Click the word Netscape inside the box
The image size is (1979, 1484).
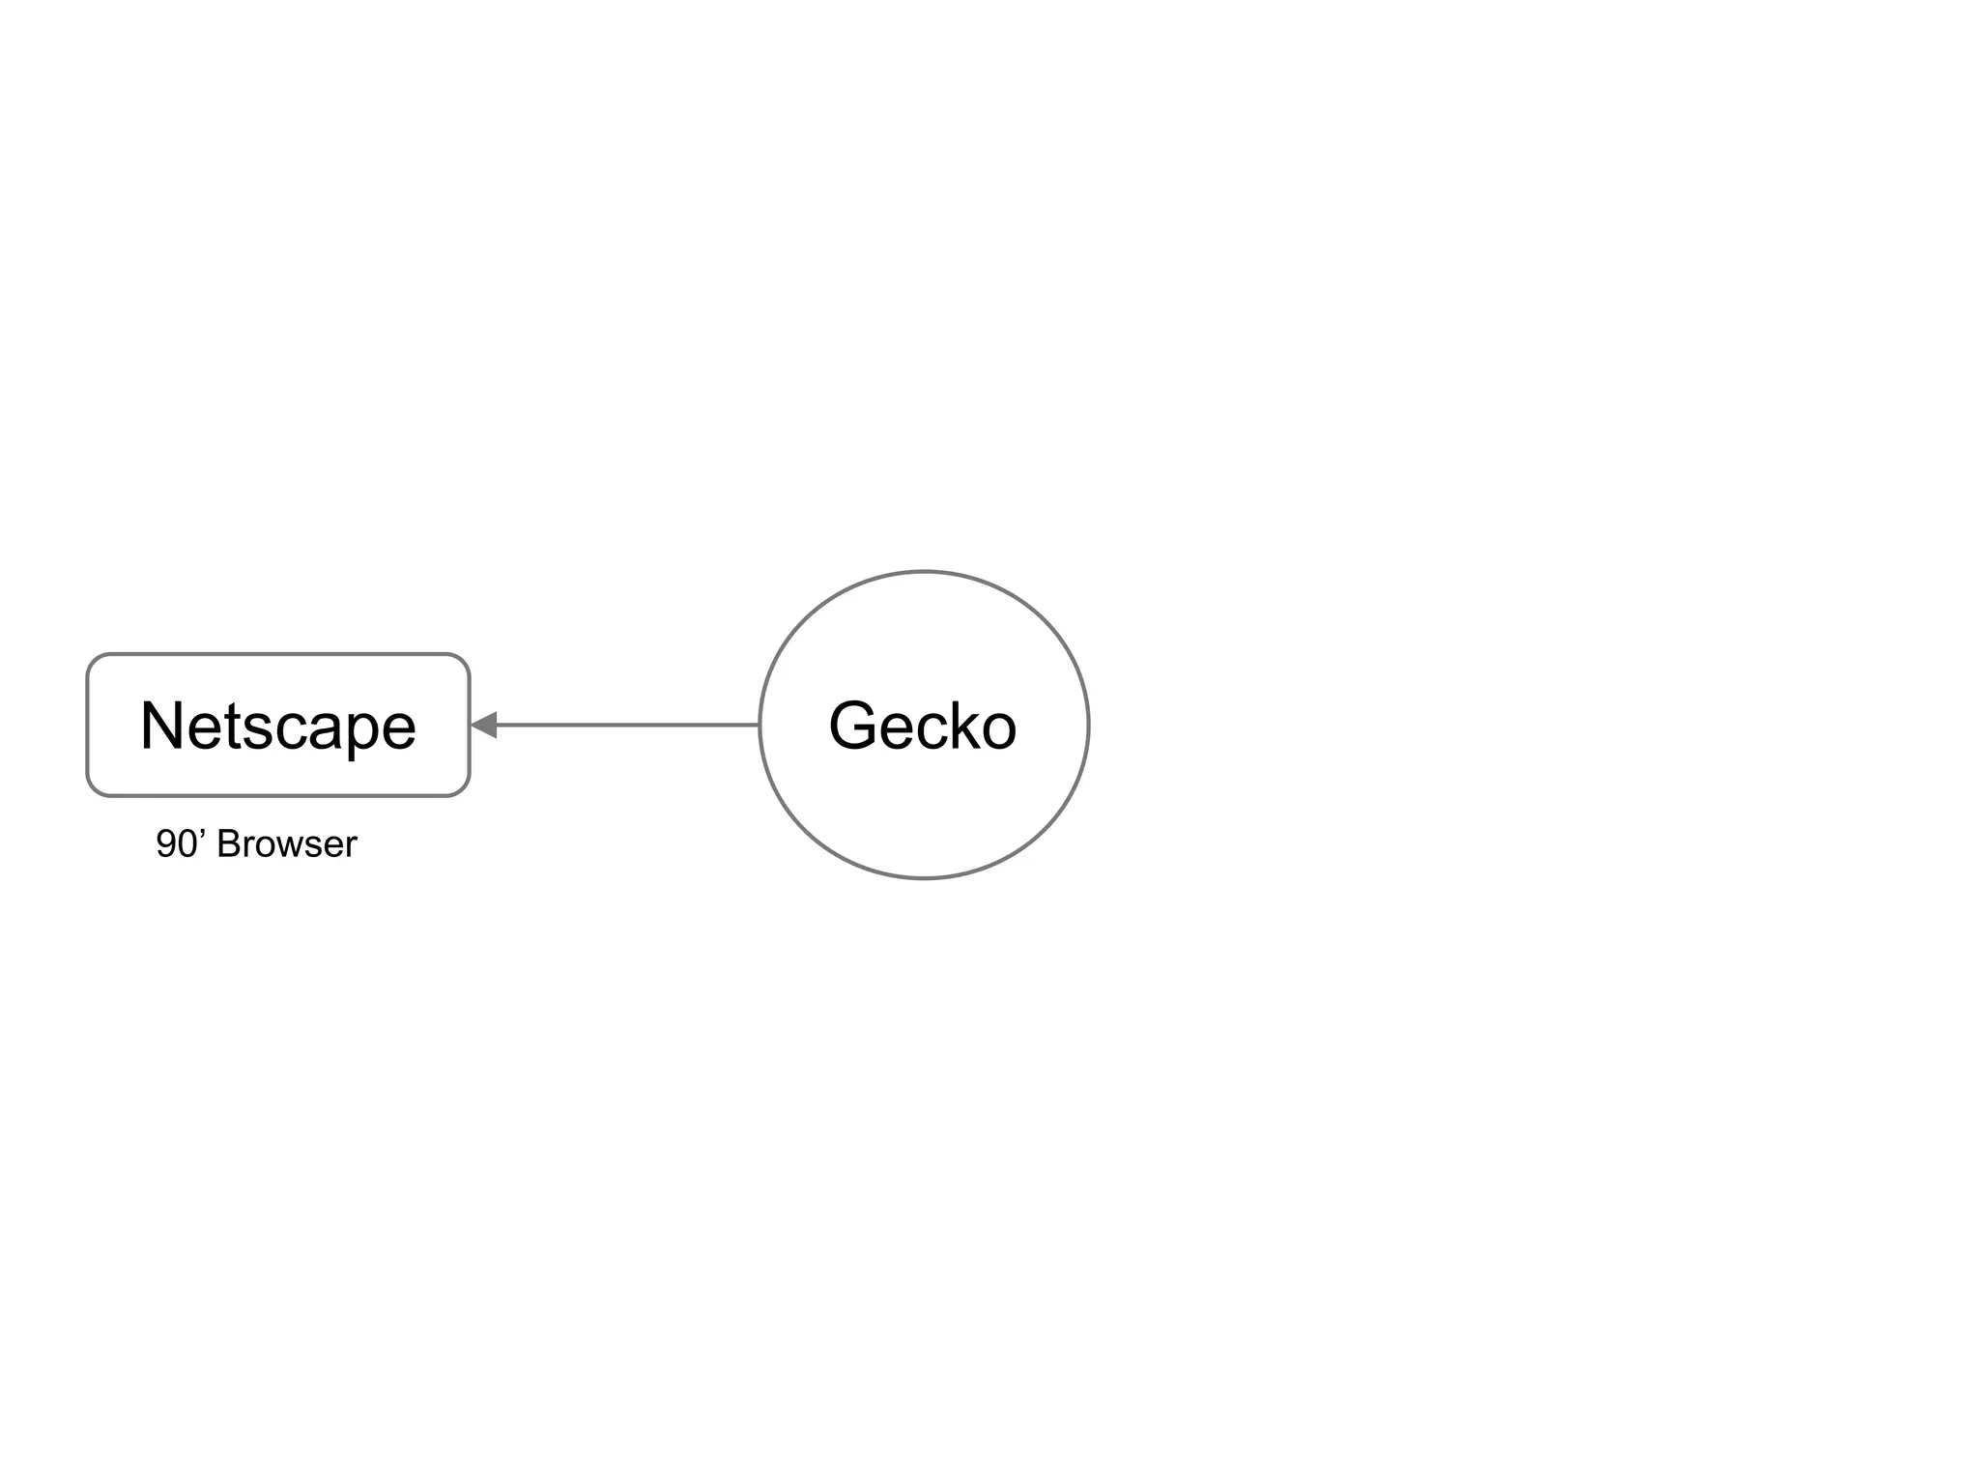pyautogui.click(x=278, y=726)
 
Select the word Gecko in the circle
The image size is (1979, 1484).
pyautogui.click(x=923, y=726)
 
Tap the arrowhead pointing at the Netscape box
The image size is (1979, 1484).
pyautogui.click(x=484, y=725)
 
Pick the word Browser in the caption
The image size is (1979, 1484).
pyautogui.click(x=287, y=844)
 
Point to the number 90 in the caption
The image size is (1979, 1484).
pyautogui.click(x=177, y=844)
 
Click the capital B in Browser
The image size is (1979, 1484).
pyautogui.click(x=228, y=844)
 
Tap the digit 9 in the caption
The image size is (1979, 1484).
pyautogui.click(x=166, y=844)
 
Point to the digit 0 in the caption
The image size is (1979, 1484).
pyautogui.click(x=187, y=844)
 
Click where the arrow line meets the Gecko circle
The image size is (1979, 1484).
pyautogui.click(x=760, y=725)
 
